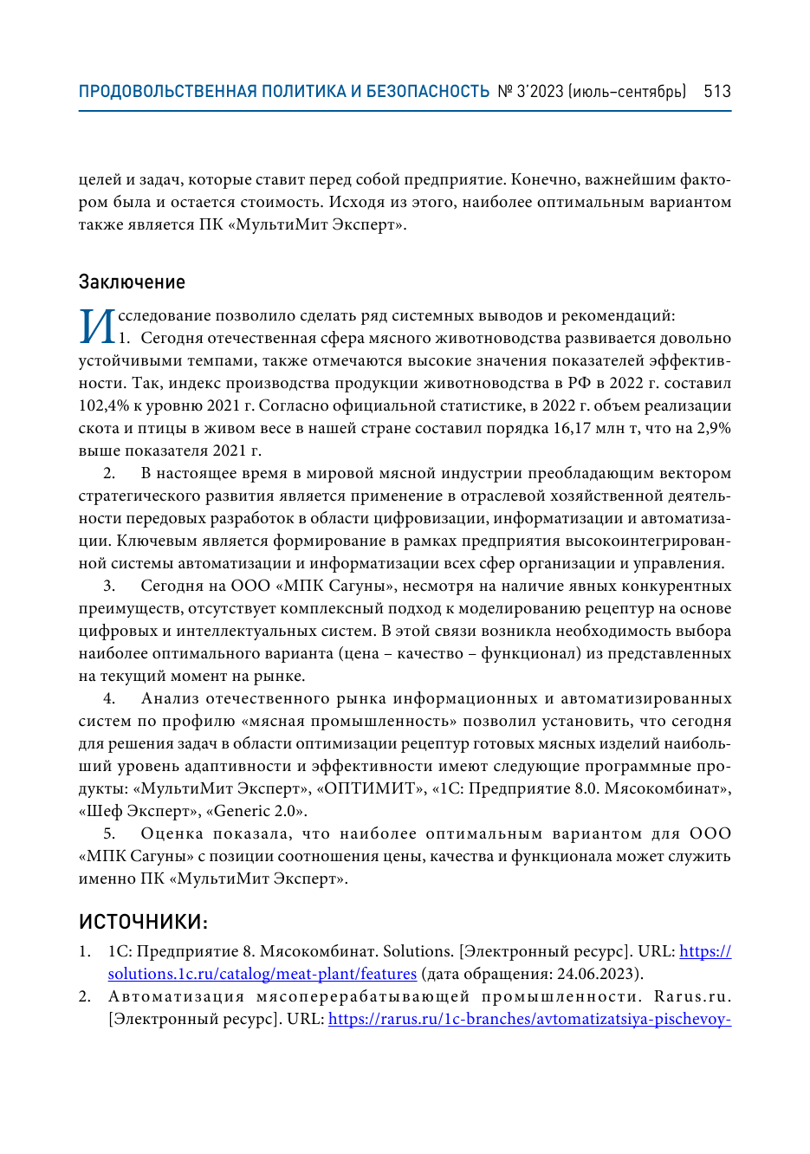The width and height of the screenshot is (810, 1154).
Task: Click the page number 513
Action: pyautogui.click(x=717, y=92)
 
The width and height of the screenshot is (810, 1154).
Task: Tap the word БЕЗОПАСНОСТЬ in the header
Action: pyautogui.click(x=428, y=92)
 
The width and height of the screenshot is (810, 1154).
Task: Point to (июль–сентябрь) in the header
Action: pyautogui.click(x=628, y=92)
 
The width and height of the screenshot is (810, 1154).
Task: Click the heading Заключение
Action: pyautogui.click(x=132, y=282)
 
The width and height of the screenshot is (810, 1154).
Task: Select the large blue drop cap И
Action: pyautogui.click(x=97, y=327)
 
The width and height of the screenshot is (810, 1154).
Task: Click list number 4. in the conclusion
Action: pyautogui.click(x=109, y=698)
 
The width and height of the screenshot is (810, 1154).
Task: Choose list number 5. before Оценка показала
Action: pyautogui.click(x=109, y=833)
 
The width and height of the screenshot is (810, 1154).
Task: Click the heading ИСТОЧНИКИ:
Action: pyautogui.click(x=143, y=921)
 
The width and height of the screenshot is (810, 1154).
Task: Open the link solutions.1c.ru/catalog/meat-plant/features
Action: pyautogui.click(x=262, y=974)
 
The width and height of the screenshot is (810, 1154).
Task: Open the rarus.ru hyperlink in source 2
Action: pyautogui.click(x=529, y=1019)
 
